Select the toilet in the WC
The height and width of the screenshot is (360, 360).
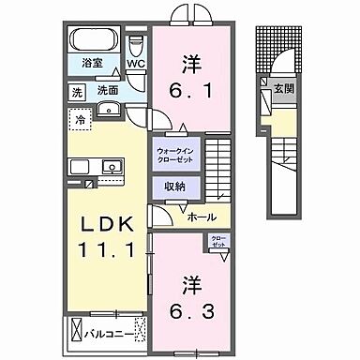(136, 47)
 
